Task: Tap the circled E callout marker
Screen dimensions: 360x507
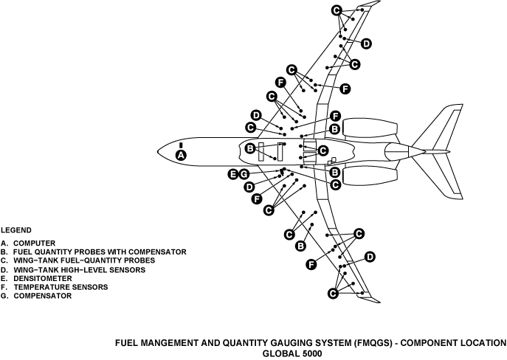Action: coord(232,174)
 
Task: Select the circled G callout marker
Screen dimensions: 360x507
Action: coord(243,174)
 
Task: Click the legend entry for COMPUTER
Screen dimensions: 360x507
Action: coord(29,243)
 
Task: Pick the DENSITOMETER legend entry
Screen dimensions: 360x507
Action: coord(37,278)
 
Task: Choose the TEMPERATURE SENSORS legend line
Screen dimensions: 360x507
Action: coord(50,287)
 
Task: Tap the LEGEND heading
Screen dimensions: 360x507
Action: coord(15,229)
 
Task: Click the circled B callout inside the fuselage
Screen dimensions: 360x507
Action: coord(250,149)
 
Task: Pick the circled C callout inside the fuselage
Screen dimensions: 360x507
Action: coord(322,150)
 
